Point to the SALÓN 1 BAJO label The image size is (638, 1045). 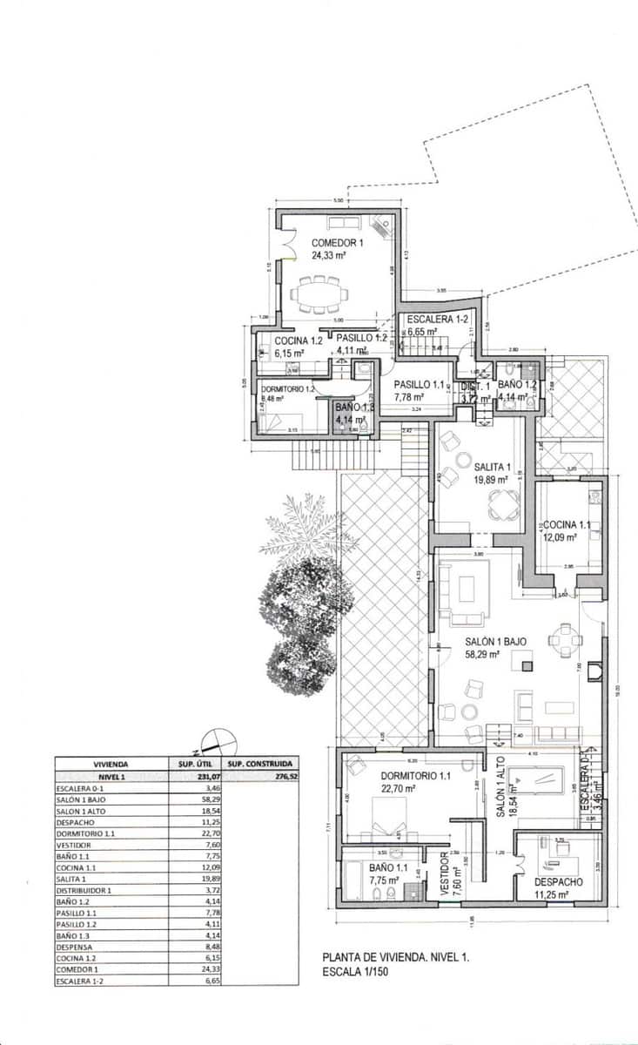[x=494, y=641]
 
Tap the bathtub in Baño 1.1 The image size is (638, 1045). [x=352, y=881]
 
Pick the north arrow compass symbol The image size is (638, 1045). [x=218, y=742]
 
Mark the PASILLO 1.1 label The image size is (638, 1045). [x=420, y=384]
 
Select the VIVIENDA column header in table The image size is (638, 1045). [x=111, y=763]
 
